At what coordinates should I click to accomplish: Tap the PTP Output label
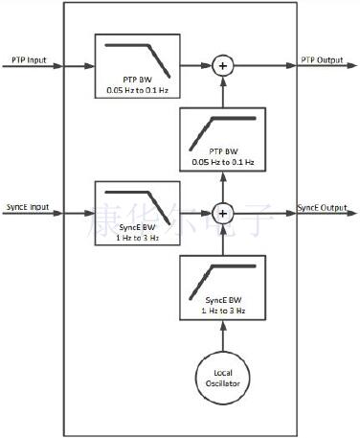point(322,59)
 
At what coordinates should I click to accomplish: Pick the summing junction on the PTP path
point(222,66)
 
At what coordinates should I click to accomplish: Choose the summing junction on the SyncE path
point(222,213)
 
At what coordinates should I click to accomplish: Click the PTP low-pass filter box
point(135,66)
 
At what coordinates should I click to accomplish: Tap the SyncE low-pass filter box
point(135,213)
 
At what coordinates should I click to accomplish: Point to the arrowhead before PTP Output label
point(291,66)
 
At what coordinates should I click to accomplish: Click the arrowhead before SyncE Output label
point(291,213)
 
